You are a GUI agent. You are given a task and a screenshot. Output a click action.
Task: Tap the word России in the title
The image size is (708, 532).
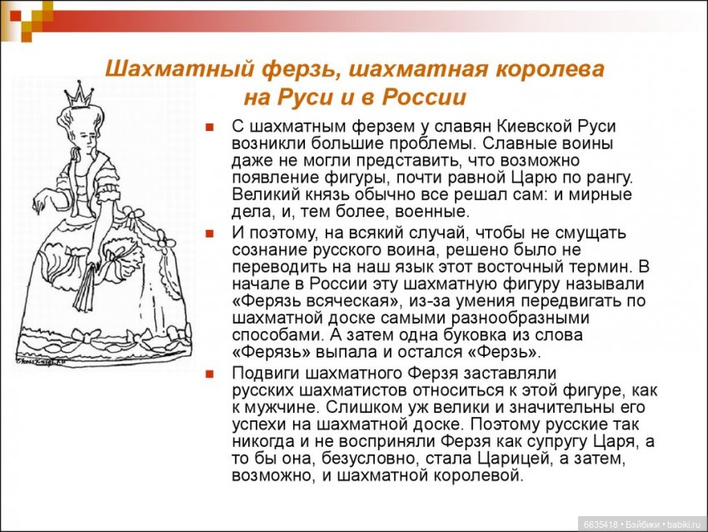423,97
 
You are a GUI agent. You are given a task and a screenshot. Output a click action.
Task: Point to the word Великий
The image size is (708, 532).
262,194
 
